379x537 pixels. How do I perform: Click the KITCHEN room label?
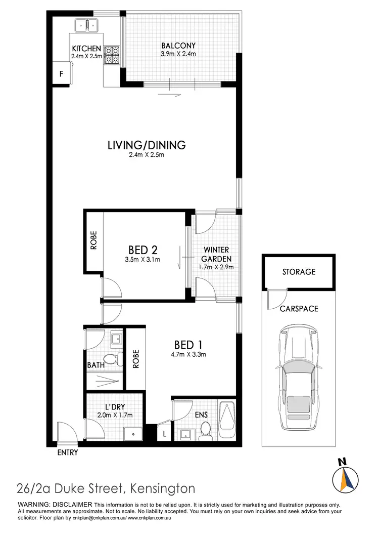(86, 49)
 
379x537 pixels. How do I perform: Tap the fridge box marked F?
(61, 74)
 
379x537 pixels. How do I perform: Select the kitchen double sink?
(87, 24)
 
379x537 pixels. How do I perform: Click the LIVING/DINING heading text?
(147, 145)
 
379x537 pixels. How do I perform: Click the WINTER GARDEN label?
(216, 254)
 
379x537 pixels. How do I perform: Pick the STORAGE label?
(299, 272)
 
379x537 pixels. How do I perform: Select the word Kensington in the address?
(162, 489)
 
